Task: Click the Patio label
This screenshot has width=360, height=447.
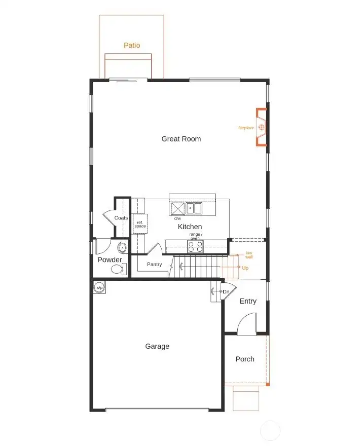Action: [x=132, y=46]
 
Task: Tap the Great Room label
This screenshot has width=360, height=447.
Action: [x=181, y=139]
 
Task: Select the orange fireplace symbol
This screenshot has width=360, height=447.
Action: [x=262, y=127]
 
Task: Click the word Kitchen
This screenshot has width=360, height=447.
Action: [x=190, y=227]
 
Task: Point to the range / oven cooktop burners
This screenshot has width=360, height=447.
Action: [x=195, y=246]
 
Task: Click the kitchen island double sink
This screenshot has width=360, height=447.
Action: [x=193, y=208]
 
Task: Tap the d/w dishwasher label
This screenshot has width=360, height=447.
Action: [x=177, y=218]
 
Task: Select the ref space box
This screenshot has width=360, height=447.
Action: [x=140, y=223]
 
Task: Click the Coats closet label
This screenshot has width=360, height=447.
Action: [x=121, y=218]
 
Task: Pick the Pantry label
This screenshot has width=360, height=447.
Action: [x=154, y=265]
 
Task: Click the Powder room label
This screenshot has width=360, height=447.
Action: [x=110, y=260]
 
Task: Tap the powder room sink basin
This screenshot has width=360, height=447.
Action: [x=122, y=248]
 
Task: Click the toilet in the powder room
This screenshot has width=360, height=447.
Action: [x=118, y=270]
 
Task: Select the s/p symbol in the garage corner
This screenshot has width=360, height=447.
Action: [x=99, y=288]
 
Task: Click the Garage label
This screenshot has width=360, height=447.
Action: [x=157, y=347]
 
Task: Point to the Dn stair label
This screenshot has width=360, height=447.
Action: [x=226, y=292]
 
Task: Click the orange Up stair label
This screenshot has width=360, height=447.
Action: [x=245, y=268]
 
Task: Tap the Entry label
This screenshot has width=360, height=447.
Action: [x=248, y=302]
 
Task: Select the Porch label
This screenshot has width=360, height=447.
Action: [x=245, y=359]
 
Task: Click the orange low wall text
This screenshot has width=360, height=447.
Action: [x=249, y=255]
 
